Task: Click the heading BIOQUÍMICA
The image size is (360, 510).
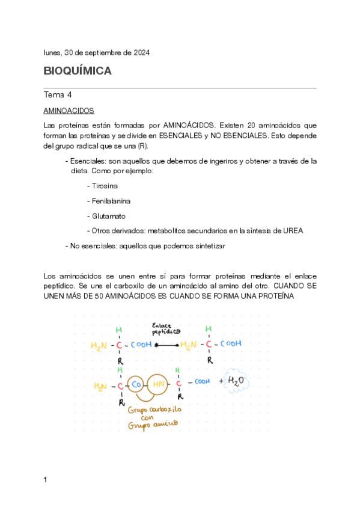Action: click(78, 71)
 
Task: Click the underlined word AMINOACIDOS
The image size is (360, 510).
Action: click(69, 111)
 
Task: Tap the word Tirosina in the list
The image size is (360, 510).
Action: click(105, 186)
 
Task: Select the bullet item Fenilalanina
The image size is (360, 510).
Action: click(111, 201)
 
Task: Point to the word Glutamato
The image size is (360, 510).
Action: click(109, 216)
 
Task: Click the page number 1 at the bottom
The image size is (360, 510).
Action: click(46, 479)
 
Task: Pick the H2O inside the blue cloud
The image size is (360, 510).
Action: click(237, 381)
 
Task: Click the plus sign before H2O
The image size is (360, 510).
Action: click(221, 381)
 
